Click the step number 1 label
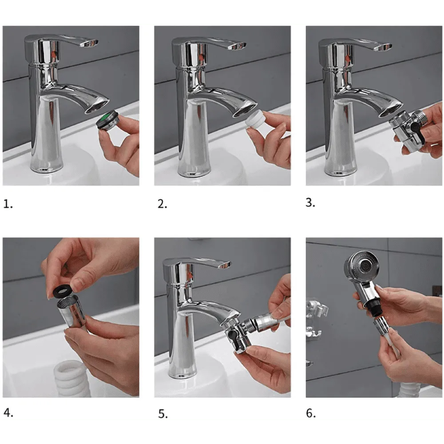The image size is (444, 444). tap(8, 204)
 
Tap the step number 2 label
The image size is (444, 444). tap(162, 204)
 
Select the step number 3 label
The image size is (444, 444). tap(310, 202)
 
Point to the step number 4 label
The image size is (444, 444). tap(8, 412)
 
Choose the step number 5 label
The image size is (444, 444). tap(163, 414)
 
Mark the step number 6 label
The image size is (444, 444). tap(311, 413)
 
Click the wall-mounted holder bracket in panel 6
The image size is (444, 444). tap(316, 315)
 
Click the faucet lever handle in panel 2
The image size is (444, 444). tap(209, 43)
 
